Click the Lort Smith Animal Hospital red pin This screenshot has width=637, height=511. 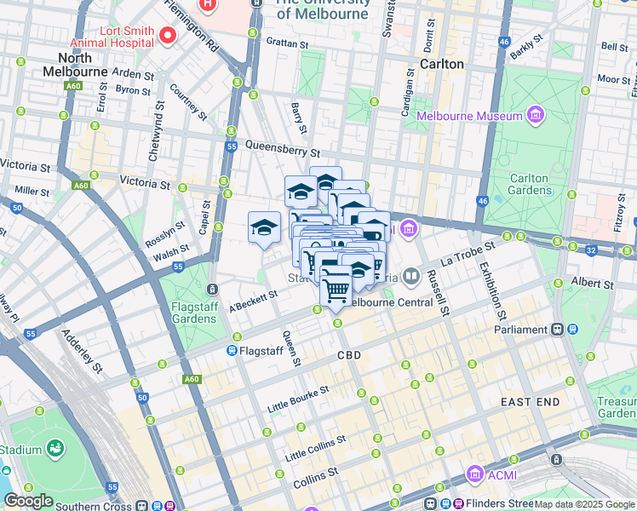point(168,35)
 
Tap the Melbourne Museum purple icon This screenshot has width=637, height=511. point(535,115)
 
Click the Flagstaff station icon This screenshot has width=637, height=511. point(232,350)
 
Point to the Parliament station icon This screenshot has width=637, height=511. point(557,330)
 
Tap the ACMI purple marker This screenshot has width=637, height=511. point(474,474)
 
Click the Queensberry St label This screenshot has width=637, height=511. point(282,149)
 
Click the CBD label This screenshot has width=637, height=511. point(349,355)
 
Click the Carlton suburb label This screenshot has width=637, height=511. point(442,64)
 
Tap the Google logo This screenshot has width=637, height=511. point(28,501)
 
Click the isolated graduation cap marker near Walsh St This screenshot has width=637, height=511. point(264,227)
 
